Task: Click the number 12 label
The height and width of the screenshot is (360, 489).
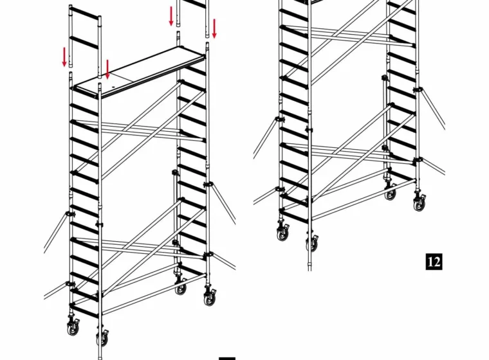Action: click(x=434, y=262)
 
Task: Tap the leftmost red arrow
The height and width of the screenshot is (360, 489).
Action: click(x=64, y=57)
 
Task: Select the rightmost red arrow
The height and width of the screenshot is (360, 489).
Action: click(x=214, y=28)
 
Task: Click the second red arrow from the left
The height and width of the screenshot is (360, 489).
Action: click(x=107, y=69)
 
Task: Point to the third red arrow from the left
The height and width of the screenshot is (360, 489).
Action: click(x=171, y=16)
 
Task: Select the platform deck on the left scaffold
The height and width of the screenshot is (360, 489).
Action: click(x=140, y=73)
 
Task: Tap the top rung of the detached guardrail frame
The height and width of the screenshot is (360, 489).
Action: click(x=86, y=14)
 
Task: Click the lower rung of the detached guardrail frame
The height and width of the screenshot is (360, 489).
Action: click(x=85, y=42)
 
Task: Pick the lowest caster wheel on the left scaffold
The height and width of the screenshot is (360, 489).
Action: click(x=102, y=337)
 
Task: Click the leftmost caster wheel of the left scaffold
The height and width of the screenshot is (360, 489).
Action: click(x=73, y=328)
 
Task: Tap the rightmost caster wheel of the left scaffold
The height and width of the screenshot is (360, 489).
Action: click(x=210, y=298)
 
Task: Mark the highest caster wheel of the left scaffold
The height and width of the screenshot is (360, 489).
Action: click(x=180, y=287)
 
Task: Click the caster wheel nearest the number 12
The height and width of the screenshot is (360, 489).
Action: click(x=419, y=203)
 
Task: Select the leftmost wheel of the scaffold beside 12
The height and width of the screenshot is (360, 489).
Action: click(x=282, y=233)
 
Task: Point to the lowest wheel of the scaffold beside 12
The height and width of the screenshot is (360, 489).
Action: click(x=312, y=243)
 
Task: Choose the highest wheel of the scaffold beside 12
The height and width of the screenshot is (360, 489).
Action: click(x=390, y=192)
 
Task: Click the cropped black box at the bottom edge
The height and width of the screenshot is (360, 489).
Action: click(x=227, y=359)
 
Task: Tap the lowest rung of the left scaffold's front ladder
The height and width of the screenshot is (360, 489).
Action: click(x=86, y=311)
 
